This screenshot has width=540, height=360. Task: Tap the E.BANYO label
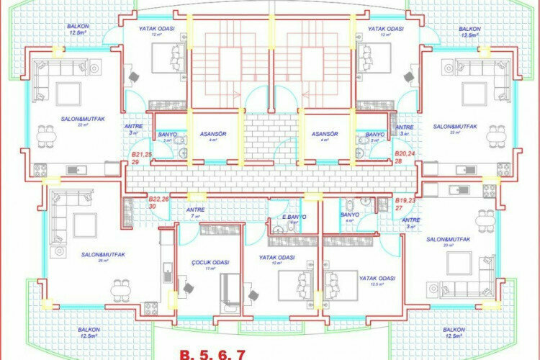294,217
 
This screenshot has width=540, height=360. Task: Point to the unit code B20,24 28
405,158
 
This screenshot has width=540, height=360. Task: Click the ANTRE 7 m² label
195,212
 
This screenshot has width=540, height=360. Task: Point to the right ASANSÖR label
325,135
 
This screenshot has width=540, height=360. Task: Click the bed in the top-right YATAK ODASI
374,55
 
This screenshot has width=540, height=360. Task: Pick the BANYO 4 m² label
349,217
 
